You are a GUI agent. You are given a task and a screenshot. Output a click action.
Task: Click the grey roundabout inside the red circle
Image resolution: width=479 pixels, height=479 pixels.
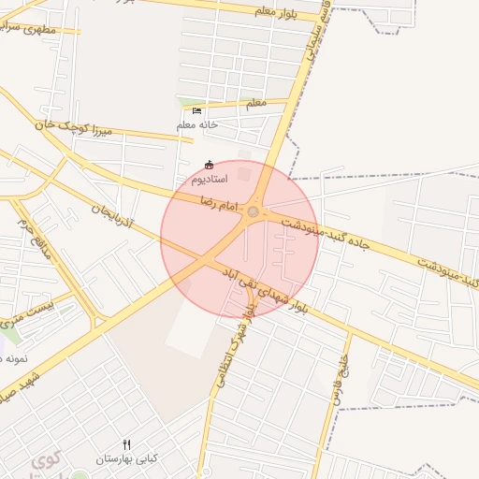click(254, 213)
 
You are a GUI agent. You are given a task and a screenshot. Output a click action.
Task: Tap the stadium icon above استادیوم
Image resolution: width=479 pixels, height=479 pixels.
click(208, 165)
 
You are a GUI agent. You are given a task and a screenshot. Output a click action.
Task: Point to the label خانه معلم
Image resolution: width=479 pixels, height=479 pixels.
click(196, 124)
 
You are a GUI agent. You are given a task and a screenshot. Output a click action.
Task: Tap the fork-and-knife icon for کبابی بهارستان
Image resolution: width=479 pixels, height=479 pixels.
click(127, 444)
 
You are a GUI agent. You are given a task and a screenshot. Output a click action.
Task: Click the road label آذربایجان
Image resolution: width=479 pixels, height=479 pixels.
click(113, 220)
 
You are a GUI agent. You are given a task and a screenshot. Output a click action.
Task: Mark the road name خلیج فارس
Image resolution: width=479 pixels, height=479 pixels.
click(338, 379)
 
